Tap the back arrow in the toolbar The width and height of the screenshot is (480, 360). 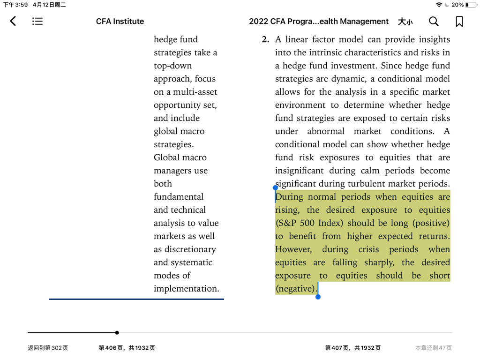[x=13, y=21]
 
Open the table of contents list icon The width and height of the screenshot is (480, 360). [x=37, y=21]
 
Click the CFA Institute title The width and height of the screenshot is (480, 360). [x=120, y=21]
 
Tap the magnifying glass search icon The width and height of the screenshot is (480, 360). [x=434, y=21]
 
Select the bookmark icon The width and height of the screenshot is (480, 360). [x=459, y=21]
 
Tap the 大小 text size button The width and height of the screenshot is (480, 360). [x=405, y=21]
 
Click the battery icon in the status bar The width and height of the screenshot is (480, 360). [x=471, y=5]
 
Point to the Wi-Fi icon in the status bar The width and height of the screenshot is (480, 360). [x=439, y=5]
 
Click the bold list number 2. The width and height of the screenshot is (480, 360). [x=265, y=39]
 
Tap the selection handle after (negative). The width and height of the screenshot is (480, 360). [x=318, y=296]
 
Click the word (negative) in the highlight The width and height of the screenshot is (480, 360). [x=296, y=289]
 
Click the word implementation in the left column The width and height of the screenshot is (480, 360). [x=186, y=289]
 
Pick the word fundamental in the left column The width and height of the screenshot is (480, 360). [x=179, y=197]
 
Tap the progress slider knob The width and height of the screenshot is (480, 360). [x=117, y=333]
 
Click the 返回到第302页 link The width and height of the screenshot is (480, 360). [x=48, y=348]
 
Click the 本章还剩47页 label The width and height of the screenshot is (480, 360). [x=433, y=348]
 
